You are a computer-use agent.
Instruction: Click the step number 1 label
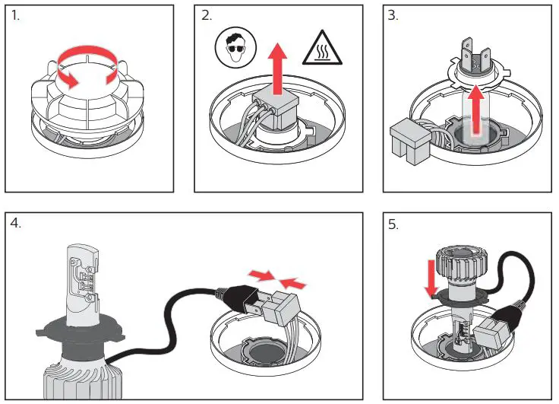click(16, 16)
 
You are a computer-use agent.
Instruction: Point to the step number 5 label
click(393, 226)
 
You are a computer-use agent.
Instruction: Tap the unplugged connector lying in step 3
click(409, 141)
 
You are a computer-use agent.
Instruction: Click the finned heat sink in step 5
click(453, 267)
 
